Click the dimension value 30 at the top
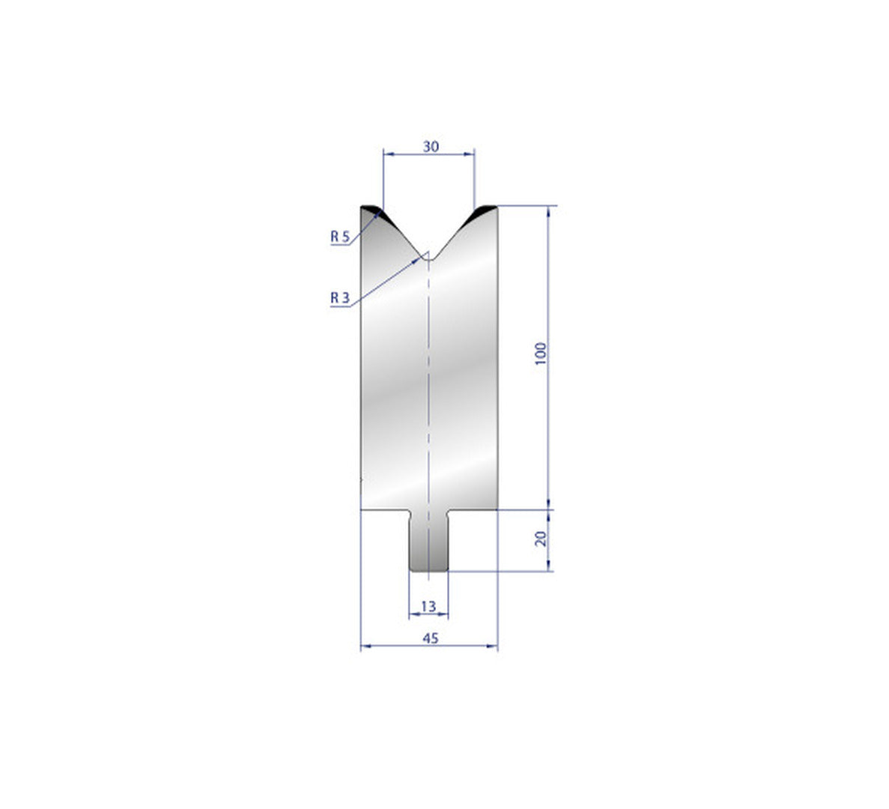pos(431,146)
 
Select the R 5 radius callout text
pos(340,237)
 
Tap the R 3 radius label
pos(340,297)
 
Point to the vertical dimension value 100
pos(541,354)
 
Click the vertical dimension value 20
pos(541,538)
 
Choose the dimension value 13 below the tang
pos(428,607)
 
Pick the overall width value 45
pos(431,637)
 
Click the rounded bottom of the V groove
pos(429,258)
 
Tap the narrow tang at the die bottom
pos(428,541)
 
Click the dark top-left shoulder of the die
pos(372,211)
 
